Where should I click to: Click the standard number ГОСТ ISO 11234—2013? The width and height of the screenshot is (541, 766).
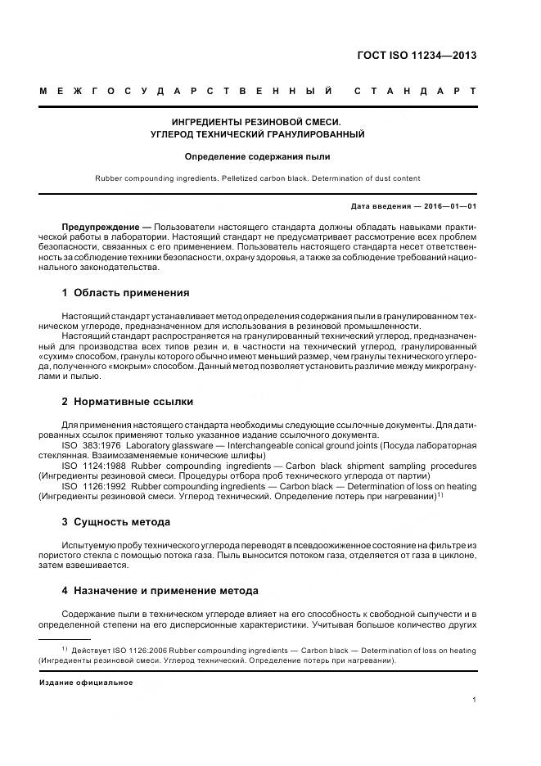pos(417,56)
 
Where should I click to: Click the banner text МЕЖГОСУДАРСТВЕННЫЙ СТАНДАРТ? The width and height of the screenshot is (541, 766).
pos(258,90)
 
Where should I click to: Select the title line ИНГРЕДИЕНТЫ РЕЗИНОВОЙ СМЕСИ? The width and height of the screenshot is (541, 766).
pos(258,120)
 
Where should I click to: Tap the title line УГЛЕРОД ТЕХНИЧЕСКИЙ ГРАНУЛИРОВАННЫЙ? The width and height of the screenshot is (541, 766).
pos(258,133)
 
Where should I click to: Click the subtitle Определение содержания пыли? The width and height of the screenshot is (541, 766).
pos(258,155)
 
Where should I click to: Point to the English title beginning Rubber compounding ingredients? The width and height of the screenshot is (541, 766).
pos(258,178)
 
